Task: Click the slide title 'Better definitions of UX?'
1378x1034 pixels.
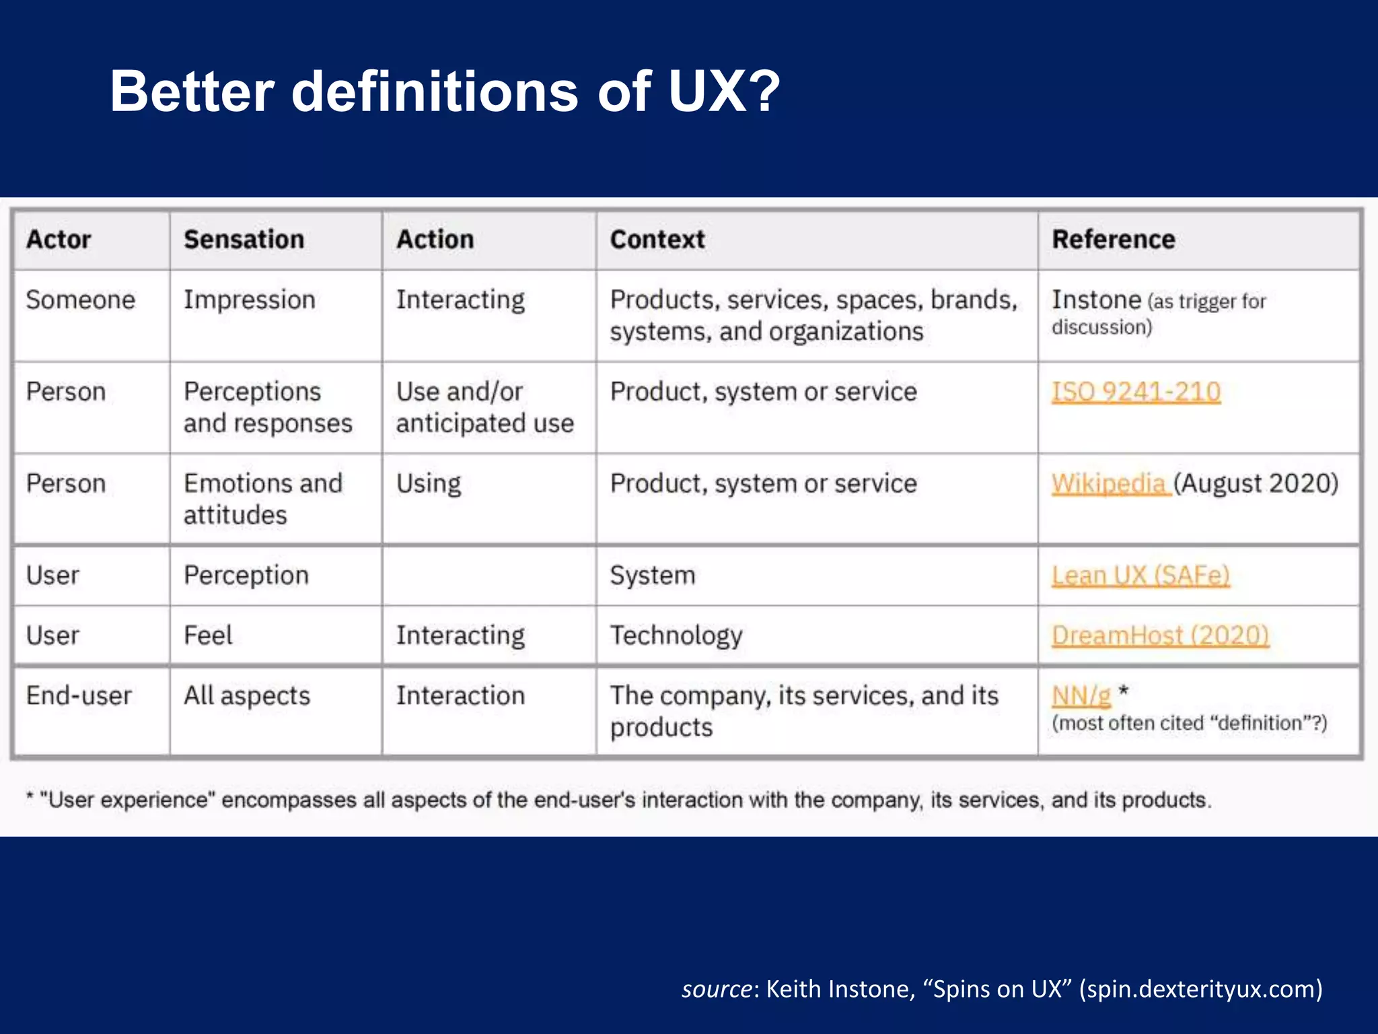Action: coord(444,92)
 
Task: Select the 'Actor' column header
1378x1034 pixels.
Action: coord(59,240)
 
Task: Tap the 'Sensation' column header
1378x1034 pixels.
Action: coord(244,240)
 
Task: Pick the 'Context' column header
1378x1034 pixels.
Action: coord(657,240)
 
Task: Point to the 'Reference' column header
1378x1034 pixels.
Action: coord(1113,240)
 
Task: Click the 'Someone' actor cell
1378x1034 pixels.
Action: coord(80,300)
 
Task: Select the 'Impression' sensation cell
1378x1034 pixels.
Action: coord(249,300)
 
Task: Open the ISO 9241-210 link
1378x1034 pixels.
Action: coord(1136,392)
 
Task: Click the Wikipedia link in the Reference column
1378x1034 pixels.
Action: coord(1108,483)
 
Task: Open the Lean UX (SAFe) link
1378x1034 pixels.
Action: coord(1140,576)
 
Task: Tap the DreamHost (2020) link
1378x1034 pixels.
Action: coord(1160,635)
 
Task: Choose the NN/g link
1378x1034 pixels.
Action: coord(1081,695)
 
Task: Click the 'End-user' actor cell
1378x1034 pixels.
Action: coord(79,696)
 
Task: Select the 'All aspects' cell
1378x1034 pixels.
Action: coord(247,696)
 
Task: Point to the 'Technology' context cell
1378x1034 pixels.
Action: coord(676,635)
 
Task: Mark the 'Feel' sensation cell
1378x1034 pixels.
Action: coord(208,635)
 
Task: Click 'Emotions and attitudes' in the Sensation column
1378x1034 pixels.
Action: coord(262,499)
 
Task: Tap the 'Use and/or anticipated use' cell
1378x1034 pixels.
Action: coord(484,407)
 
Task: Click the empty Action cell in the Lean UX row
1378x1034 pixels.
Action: coord(488,576)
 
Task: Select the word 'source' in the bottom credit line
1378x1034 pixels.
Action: coord(717,989)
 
